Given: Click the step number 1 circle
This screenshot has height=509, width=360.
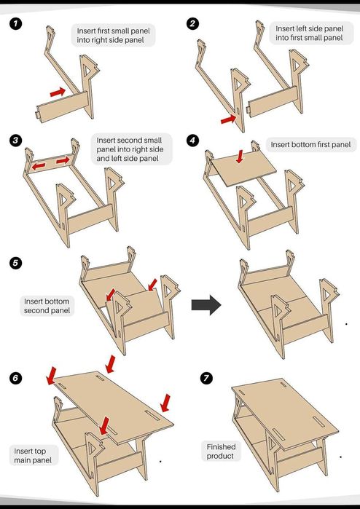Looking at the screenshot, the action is point(15,24).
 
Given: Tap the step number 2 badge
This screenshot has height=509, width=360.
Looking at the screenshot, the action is point(192,24).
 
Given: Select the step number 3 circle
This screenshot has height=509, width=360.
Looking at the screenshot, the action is point(15,141).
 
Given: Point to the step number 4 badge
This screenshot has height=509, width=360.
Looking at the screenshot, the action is point(192,141).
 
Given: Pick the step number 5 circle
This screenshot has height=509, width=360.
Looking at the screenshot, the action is point(15,263).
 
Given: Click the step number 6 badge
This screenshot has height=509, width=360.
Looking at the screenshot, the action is point(15,378).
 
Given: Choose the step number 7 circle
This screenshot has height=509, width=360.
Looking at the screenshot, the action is point(206,378).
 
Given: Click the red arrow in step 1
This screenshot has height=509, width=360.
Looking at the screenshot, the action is point(58,92).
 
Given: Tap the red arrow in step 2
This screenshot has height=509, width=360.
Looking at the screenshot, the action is point(228,119).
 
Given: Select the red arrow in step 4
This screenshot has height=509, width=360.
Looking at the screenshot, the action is point(240,156).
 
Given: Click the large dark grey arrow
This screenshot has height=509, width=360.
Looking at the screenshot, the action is point(206,305).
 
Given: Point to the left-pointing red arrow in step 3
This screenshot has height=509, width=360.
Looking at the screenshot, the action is point(39,166).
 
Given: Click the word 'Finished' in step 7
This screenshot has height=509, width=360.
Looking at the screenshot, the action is point(221,446).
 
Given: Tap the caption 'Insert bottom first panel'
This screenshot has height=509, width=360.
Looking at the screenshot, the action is point(310,144).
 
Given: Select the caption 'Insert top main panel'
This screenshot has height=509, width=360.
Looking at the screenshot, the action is point(33,455).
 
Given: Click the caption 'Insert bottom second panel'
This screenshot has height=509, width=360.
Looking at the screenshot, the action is point(47,306).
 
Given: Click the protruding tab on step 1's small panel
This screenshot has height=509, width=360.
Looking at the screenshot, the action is point(36,114).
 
